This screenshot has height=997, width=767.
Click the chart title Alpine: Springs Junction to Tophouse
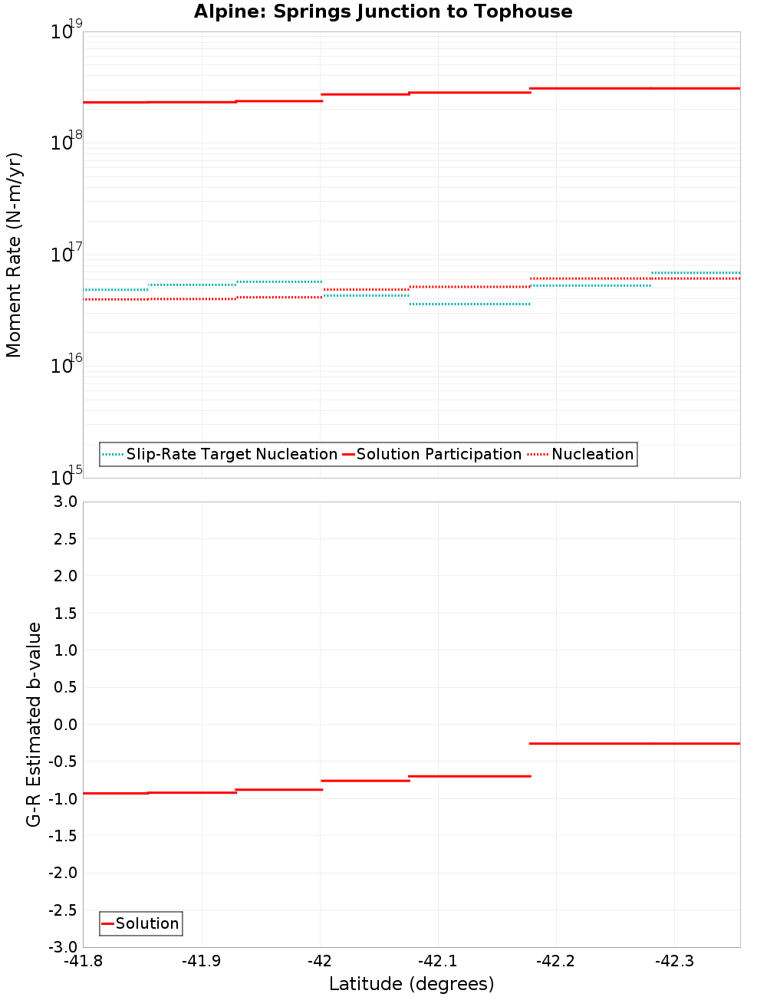[383, 12]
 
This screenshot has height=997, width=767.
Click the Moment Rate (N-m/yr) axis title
[14, 255]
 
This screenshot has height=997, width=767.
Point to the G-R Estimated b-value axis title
[34, 724]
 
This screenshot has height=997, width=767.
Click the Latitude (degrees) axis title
[411, 984]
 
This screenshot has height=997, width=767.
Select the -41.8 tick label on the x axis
[84, 961]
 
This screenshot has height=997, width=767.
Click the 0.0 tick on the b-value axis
[63, 725]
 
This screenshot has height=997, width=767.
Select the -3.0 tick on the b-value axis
[61, 947]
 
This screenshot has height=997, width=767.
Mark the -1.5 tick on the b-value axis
[61, 836]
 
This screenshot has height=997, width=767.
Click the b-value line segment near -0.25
[634, 743]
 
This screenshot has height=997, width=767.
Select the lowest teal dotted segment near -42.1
[469, 304]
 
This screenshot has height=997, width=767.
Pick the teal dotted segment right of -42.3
[696, 273]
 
